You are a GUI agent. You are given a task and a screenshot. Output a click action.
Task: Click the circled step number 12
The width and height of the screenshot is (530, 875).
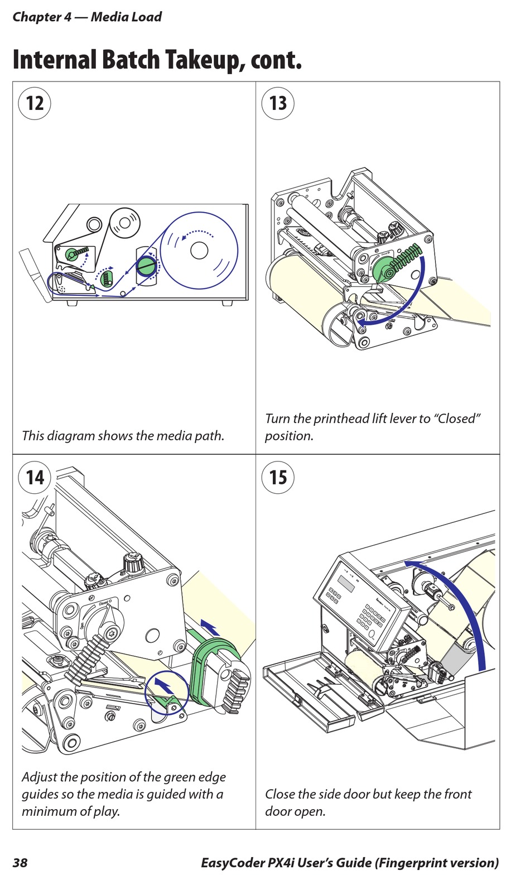click(x=35, y=103)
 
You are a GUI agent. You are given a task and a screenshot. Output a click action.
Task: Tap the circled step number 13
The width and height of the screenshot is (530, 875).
click(x=278, y=103)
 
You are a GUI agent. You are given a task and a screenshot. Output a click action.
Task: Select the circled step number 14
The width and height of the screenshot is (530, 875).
click(x=35, y=477)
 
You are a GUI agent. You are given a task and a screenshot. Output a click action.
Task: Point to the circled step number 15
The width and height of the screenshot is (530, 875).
click(x=278, y=477)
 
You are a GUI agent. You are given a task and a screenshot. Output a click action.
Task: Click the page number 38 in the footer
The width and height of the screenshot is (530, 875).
click(x=20, y=863)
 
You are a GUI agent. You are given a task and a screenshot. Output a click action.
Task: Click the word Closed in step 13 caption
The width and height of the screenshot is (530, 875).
click(x=457, y=419)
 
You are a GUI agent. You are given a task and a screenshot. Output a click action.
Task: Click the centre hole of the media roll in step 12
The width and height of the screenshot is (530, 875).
click(x=199, y=250)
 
